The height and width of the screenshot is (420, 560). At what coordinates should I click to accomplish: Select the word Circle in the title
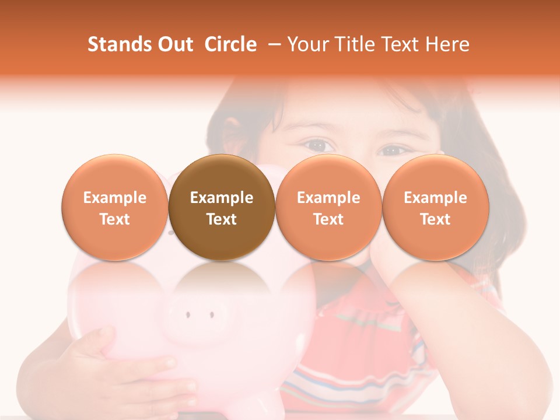click(x=230, y=44)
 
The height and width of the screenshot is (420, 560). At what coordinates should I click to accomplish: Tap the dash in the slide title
click(x=272, y=44)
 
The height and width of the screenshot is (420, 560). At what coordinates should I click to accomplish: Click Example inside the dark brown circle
click(x=222, y=198)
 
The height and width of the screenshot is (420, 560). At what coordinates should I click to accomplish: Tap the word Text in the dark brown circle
click(x=222, y=219)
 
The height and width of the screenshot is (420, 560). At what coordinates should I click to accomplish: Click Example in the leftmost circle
click(x=115, y=198)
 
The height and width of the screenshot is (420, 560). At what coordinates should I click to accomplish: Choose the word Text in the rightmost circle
click(x=436, y=219)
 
